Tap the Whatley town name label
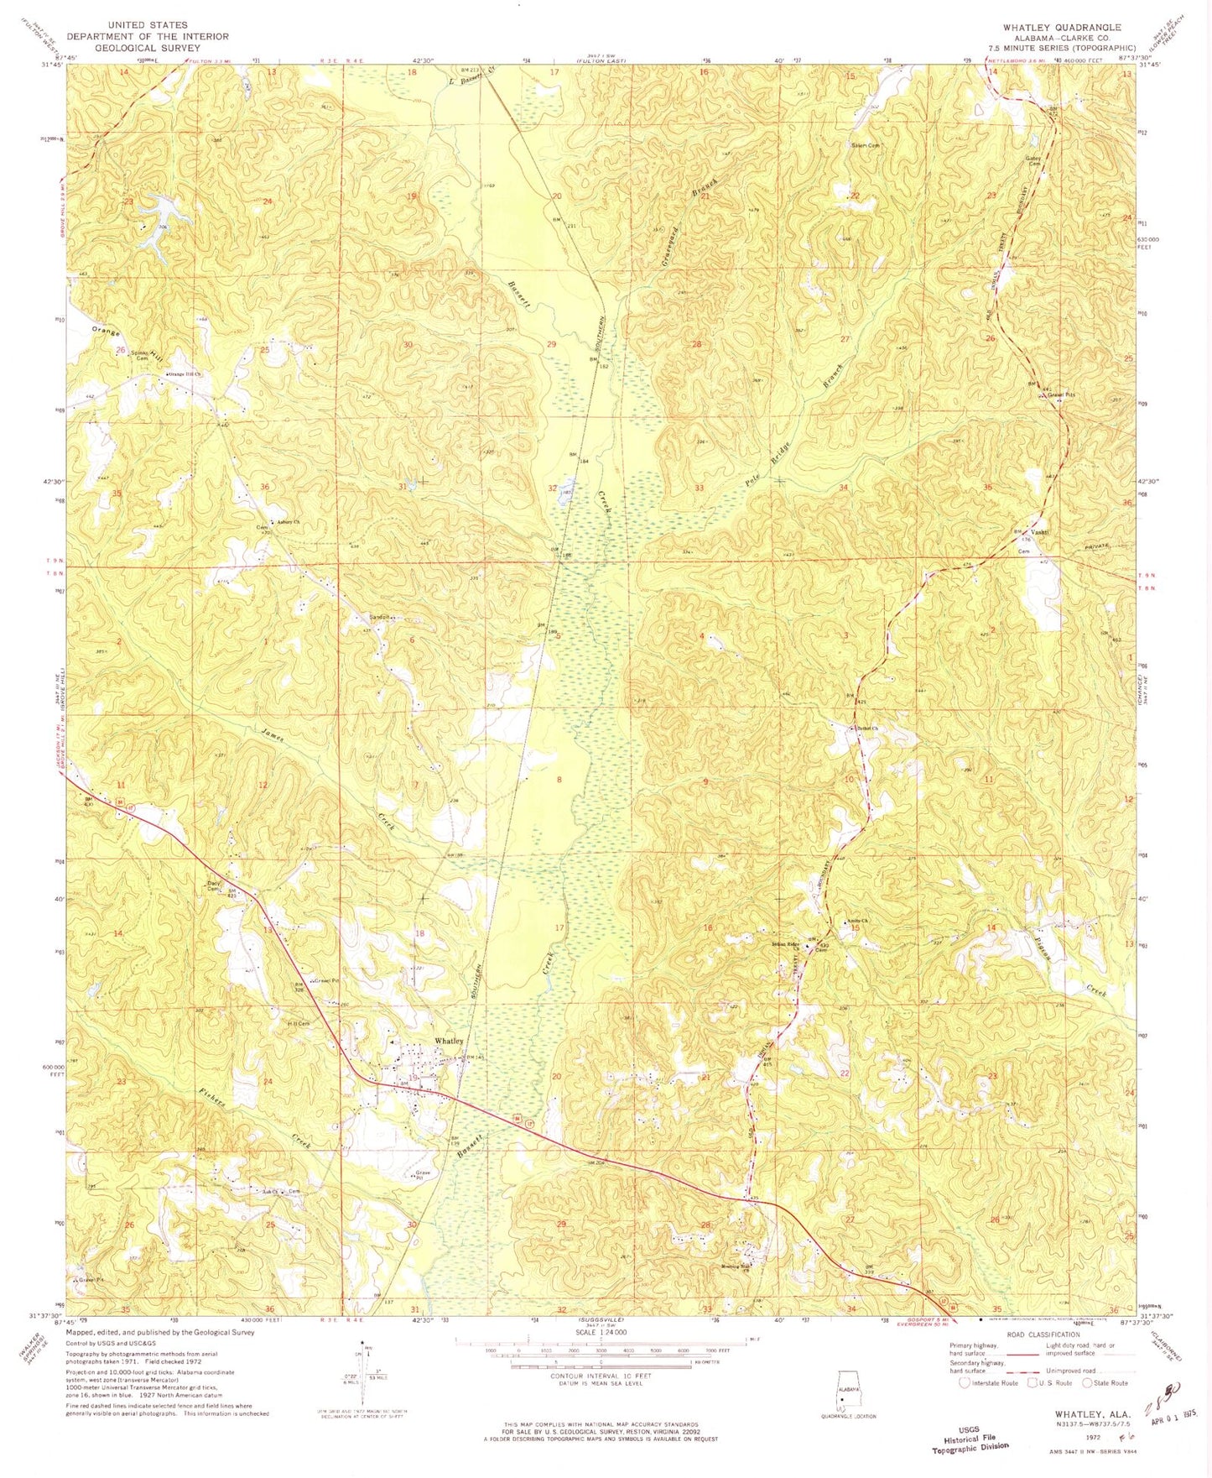[449, 1041]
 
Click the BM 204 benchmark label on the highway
[596, 1162]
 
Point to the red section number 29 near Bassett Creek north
[551, 345]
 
